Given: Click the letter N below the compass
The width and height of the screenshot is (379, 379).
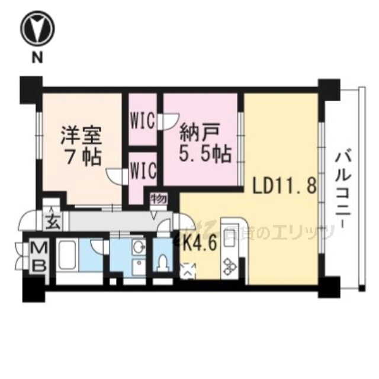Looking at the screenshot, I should coord(37,57).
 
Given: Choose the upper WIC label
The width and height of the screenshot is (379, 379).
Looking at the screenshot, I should coord(143,120).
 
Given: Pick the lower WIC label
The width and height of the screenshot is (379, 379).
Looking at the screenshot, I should coord(143,171).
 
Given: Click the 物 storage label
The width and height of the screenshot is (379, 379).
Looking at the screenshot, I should coord(158,198).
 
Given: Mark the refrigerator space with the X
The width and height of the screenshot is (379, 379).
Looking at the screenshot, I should coord(188,270).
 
